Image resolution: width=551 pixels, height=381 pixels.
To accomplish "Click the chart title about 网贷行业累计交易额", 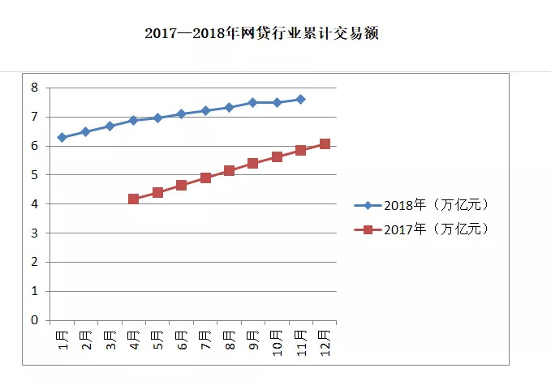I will (261, 34).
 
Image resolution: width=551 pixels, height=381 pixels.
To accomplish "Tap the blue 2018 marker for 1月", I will (62, 138).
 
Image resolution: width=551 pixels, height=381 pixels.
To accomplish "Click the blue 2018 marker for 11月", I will (300, 100).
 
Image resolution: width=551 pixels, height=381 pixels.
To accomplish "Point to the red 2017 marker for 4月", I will (133, 199).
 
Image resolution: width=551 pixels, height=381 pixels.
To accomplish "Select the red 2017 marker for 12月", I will (325, 144).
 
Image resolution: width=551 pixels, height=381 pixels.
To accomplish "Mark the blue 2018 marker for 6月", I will (181, 114).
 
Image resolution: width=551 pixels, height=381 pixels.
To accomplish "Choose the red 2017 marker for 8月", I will (229, 171).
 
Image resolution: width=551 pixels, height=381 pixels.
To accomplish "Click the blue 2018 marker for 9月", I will (252, 103).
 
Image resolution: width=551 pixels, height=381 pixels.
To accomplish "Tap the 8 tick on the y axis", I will (35, 88).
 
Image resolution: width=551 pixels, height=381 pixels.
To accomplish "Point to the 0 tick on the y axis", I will (35, 320).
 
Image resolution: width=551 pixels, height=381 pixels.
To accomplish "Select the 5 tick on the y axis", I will (35, 175).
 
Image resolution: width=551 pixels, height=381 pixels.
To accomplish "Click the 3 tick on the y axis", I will (35, 233).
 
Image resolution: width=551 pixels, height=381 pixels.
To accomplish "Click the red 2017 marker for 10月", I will (277, 156).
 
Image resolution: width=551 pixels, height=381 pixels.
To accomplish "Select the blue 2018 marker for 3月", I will (110, 126).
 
